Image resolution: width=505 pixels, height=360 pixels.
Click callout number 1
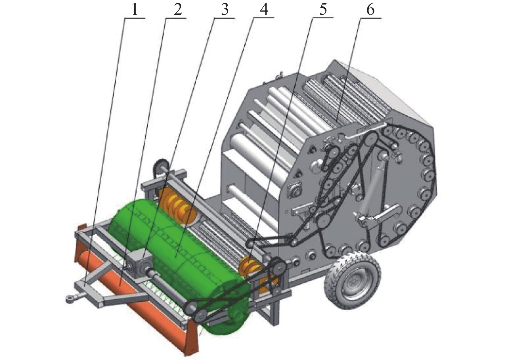(134, 10)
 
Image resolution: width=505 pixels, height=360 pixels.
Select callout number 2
(178, 10)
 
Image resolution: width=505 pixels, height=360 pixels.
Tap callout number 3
(224, 10)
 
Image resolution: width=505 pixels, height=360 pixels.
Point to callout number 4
(264, 10)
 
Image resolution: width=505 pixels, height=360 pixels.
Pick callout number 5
(323, 10)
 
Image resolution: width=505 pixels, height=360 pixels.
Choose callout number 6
(370, 10)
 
